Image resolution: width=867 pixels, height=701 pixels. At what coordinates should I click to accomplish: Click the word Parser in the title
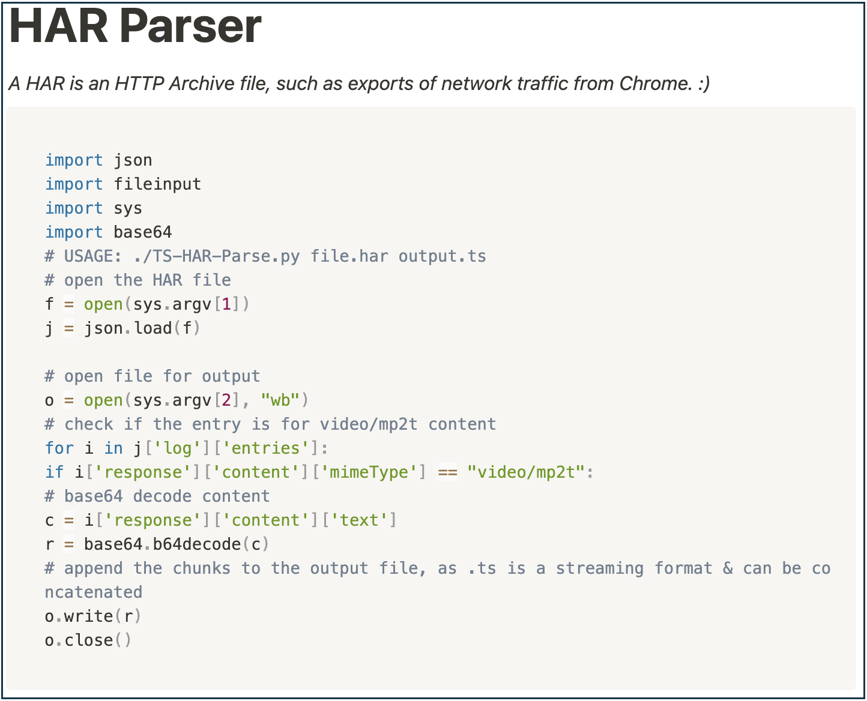pos(190,26)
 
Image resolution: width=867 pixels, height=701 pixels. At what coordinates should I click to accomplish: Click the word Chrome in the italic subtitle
pos(654,83)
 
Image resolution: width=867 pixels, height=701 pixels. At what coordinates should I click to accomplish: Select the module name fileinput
pos(157,184)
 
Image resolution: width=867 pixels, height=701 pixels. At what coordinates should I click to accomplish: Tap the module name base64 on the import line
pos(143,232)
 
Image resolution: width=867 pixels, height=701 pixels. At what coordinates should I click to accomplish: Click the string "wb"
pos(280,400)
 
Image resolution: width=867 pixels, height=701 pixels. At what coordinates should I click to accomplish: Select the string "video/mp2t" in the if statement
pos(526,472)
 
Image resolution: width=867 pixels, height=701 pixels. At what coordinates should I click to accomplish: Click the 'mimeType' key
pos(369,472)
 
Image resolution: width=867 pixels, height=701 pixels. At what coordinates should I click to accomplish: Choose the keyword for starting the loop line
pos(59,448)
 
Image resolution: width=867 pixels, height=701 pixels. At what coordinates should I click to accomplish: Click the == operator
pos(448,472)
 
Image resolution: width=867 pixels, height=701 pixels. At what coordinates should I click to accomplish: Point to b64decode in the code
pos(196,544)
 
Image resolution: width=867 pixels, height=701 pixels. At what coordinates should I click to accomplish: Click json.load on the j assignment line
pos(128,328)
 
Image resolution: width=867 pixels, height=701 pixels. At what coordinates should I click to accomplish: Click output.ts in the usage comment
pos(442,256)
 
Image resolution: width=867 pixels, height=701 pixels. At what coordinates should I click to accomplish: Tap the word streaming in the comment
pos(600,568)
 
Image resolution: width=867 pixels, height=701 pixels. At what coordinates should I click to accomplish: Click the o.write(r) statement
pos(93,616)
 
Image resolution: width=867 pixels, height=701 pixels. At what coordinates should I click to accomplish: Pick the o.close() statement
pos(88,640)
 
